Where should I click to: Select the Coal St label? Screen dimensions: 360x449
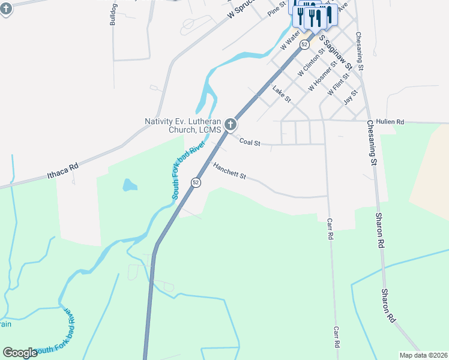[x=249, y=142]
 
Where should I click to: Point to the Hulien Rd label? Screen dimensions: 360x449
[x=391, y=122]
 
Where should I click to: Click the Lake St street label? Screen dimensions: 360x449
[x=281, y=94]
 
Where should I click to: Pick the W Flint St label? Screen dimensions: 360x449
[x=339, y=85]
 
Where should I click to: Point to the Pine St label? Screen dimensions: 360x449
[x=277, y=8]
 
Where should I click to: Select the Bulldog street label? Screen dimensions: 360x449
[x=113, y=14]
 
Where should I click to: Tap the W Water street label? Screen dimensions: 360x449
[x=289, y=40]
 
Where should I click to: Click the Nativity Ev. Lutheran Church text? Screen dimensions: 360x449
[x=183, y=125]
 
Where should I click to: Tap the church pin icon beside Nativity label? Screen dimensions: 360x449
[x=231, y=125]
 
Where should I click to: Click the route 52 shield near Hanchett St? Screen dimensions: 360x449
[x=196, y=182]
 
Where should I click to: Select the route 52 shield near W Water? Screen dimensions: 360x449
[x=305, y=44]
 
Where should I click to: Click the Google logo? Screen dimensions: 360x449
[x=20, y=353]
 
